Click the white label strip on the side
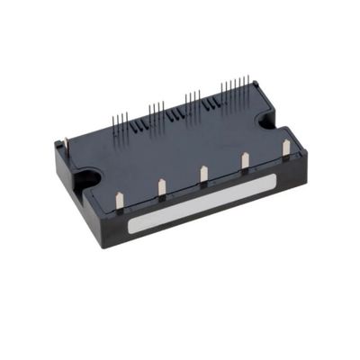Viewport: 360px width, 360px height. point(202,205)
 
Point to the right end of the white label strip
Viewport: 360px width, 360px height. point(273,184)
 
